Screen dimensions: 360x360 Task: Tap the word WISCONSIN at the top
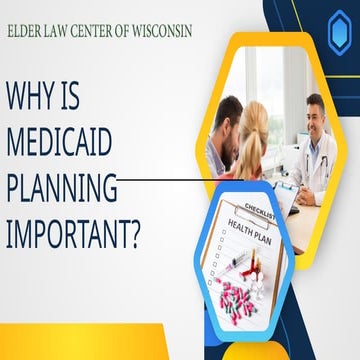coord(161,31)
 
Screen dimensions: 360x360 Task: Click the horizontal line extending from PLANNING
coord(170,181)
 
